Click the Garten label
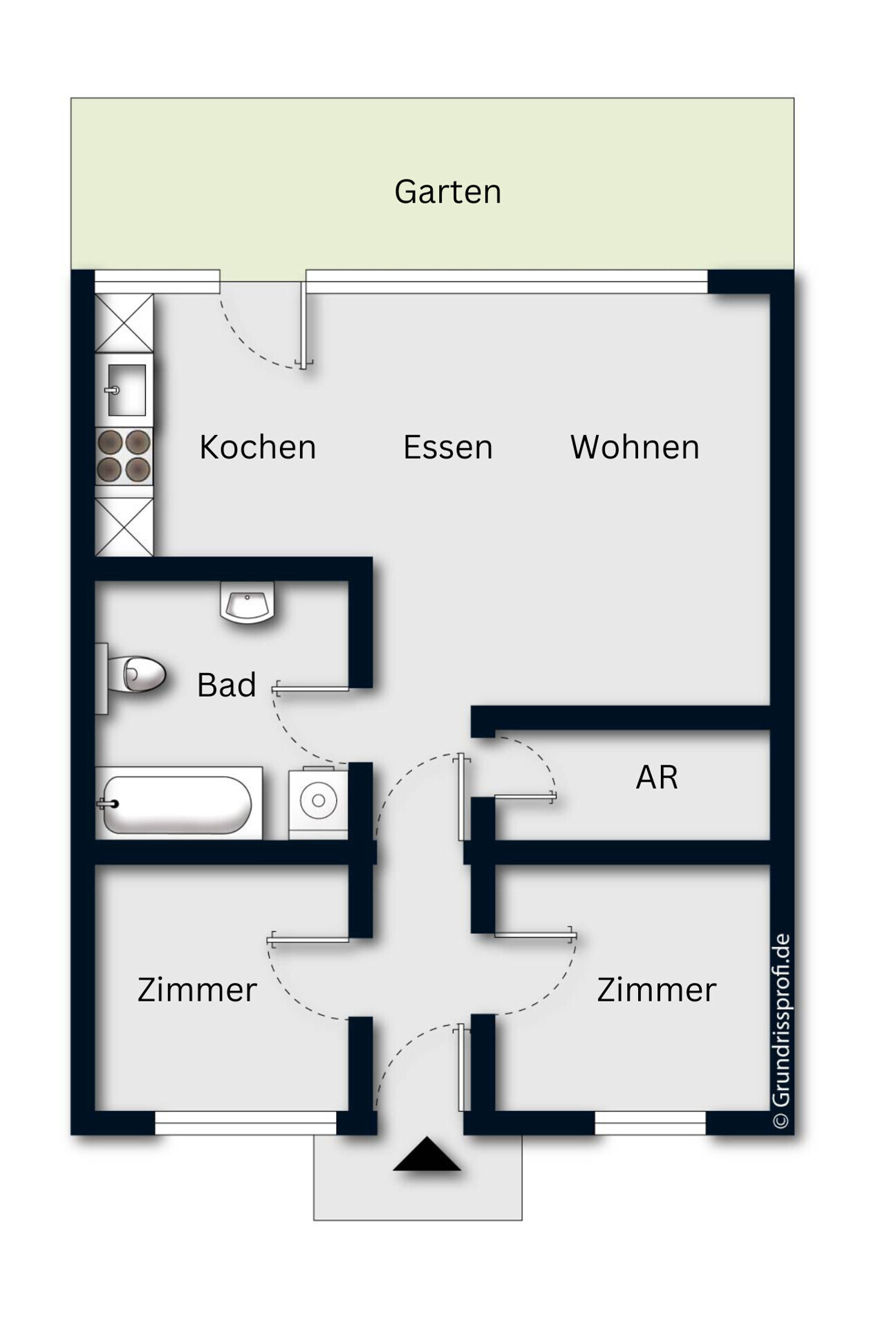tap(447, 192)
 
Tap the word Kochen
tap(257, 447)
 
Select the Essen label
tap(447, 447)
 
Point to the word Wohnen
tap(634, 447)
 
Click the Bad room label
tap(226, 685)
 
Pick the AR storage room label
tap(656, 777)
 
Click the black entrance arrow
tap(427, 1155)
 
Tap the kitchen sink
tap(126, 390)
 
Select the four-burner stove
tap(124, 455)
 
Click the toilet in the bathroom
tap(138, 674)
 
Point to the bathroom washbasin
tap(247, 602)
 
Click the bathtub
tap(177, 804)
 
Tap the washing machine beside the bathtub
tap(318, 802)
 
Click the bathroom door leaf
tap(311, 688)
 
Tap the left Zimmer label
tap(196, 990)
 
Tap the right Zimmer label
tap(656, 990)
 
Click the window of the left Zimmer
tap(245, 1123)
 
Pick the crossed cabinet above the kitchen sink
tap(124, 323)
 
